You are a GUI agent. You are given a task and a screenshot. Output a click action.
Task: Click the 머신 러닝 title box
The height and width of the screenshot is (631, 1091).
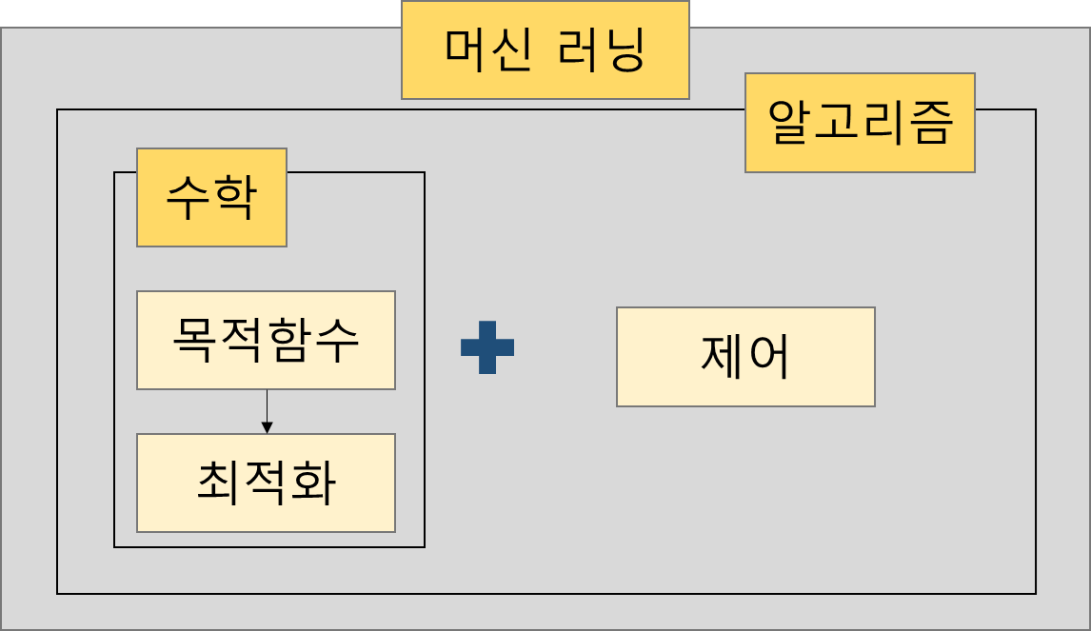[545, 49]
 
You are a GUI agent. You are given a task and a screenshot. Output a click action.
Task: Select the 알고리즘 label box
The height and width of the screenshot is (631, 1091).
[860, 123]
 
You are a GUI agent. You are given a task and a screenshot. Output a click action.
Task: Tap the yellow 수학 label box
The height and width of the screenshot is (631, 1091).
[211, 197]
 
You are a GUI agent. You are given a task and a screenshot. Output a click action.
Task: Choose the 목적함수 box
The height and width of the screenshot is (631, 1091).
[266, 340]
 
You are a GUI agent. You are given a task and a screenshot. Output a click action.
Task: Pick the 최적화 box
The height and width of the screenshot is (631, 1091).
[266, 483]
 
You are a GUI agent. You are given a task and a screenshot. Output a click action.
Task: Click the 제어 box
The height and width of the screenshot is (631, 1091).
[745, 357]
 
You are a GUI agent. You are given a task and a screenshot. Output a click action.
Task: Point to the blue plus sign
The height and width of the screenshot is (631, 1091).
[487, 347]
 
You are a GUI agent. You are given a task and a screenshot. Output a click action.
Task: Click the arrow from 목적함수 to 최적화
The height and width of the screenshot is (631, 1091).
[267, 412]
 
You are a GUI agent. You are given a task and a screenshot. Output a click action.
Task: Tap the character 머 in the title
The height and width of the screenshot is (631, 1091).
[466, 50]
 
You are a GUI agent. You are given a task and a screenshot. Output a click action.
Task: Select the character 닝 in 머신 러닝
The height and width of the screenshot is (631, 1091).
[623, 50]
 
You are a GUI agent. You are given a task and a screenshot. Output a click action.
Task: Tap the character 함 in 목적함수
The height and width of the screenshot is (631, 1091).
[290, 340]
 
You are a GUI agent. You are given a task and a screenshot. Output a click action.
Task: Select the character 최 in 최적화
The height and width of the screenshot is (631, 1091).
[219, 483]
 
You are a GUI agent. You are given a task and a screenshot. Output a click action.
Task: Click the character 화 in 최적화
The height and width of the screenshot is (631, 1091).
[313, 483]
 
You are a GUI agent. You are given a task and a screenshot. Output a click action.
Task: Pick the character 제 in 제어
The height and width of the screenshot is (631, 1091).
[722, 357]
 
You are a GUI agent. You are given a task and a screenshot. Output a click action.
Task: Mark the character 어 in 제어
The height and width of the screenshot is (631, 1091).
[769, 357]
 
